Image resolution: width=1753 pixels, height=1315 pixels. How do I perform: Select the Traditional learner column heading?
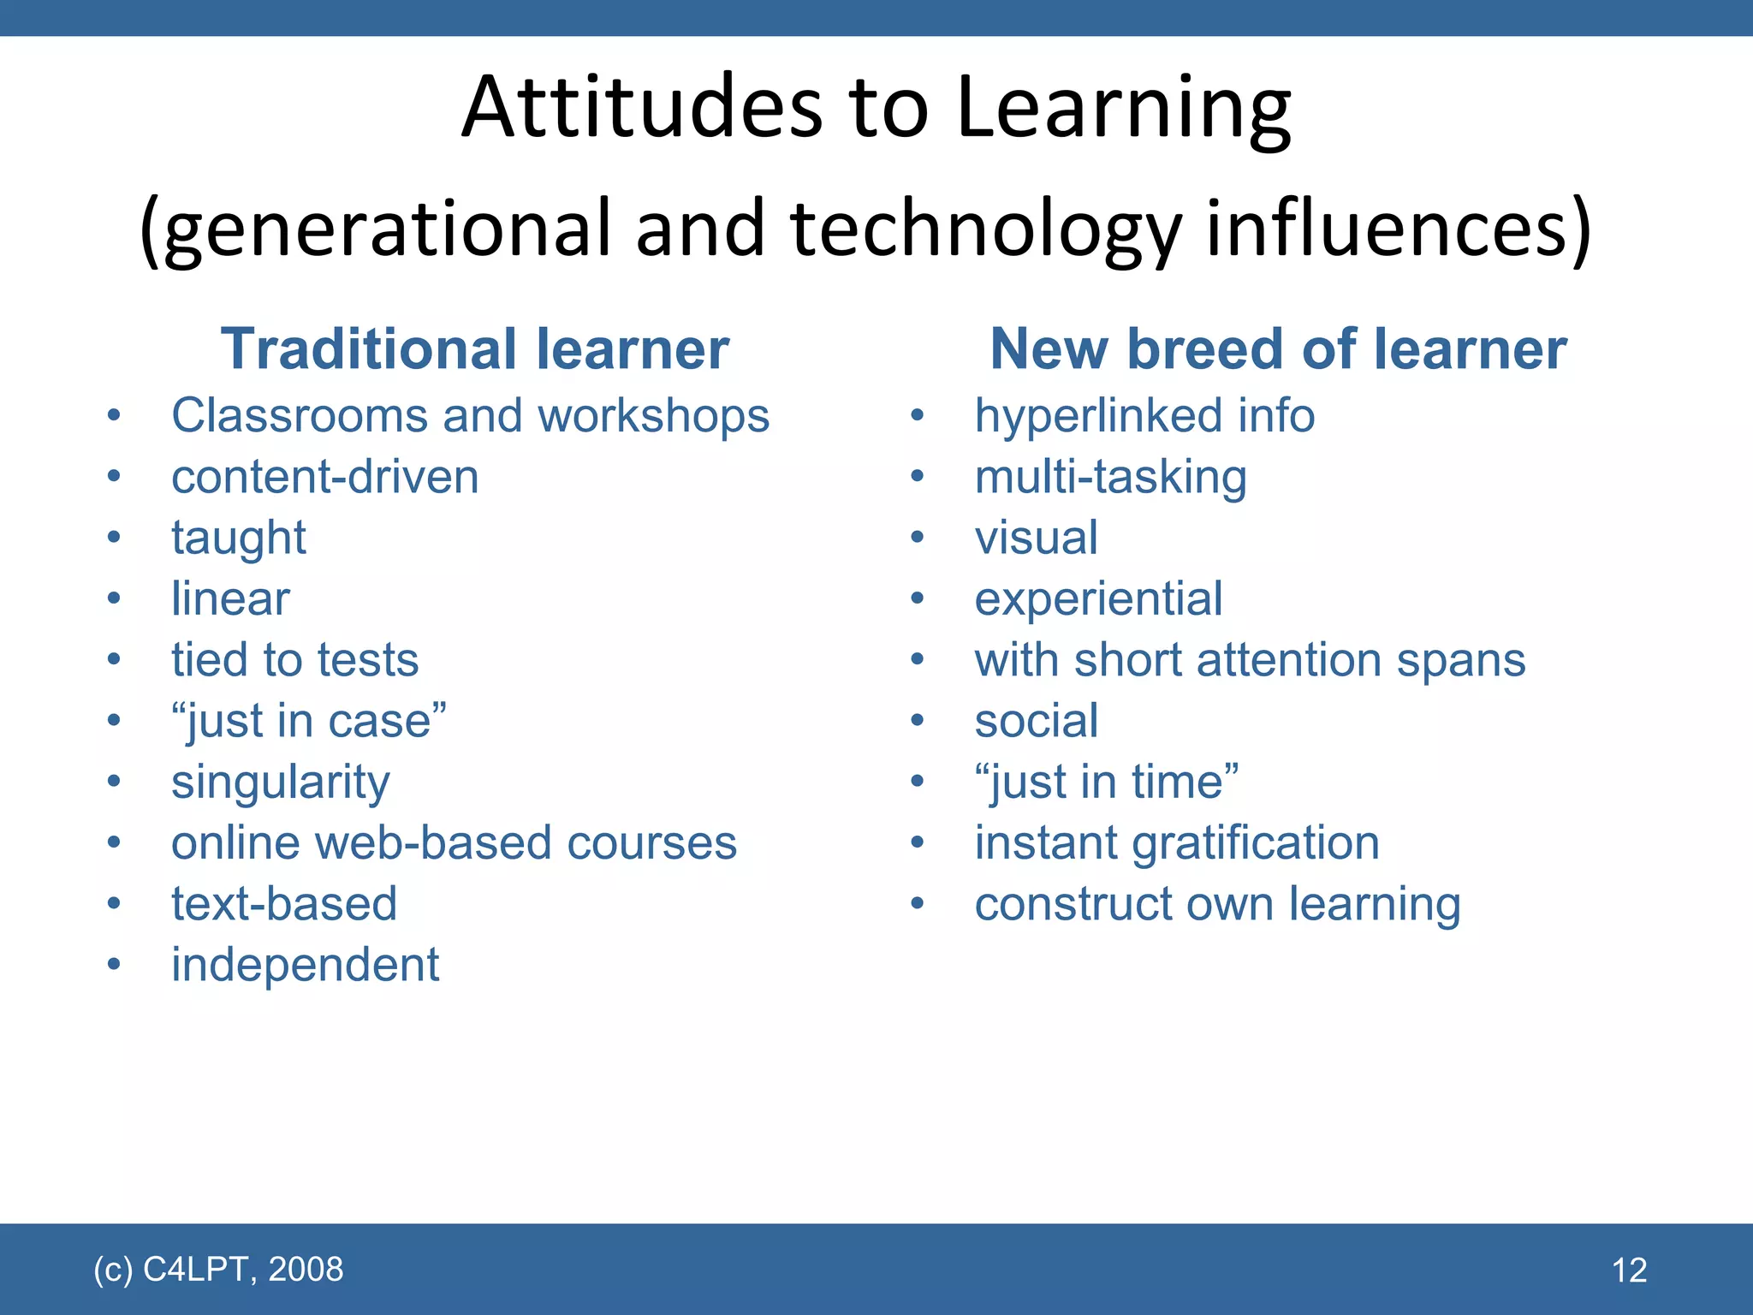tap(475, 349)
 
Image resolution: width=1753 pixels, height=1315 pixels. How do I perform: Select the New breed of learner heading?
tap(1278, 349)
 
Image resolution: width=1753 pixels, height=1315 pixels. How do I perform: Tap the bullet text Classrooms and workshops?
tap(470, 416)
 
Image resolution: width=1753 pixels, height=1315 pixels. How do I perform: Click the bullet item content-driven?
tap(324, 477)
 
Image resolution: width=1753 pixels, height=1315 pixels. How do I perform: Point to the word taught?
tap(238, 538)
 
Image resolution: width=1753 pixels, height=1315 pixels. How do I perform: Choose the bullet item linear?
tap(230, 598)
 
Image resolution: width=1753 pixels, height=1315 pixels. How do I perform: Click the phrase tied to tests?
tap(294, 660)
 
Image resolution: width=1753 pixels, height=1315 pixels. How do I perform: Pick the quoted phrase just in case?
tap(309, 721)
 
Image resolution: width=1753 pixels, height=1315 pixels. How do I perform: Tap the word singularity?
tap(280, 782)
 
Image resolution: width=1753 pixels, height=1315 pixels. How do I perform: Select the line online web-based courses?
tap(454, 843)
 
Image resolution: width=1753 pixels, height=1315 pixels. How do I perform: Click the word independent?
tap(305, 965)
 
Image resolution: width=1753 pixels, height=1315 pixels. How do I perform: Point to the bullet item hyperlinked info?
tap(1144, 416)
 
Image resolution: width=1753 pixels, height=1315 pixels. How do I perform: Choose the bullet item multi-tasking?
tap(1110, 477)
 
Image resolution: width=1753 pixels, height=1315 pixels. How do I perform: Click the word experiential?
tap(1098, 598)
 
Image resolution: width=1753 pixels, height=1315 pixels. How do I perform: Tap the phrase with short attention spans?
tap(1250, 660)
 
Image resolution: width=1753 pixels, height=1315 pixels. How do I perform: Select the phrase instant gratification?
tap(1177, 843)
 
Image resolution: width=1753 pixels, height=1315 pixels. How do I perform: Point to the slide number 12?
tap(1629, 1270)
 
